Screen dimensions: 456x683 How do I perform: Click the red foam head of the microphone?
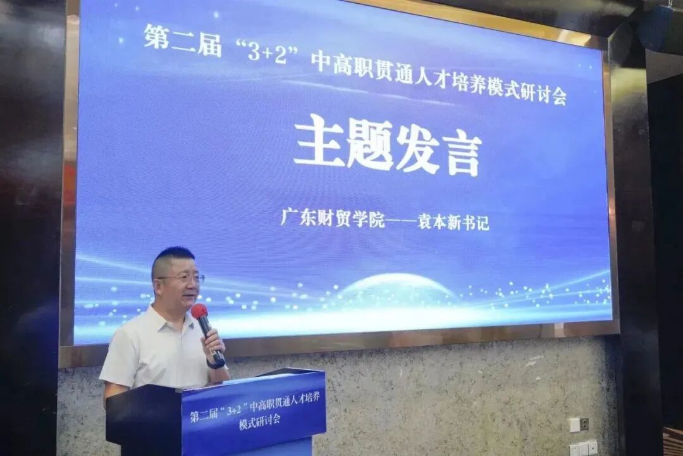pos(199,311)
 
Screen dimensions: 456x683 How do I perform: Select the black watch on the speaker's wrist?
pos(216,364)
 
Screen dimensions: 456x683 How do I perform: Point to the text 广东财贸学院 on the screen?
pos(333,219)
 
